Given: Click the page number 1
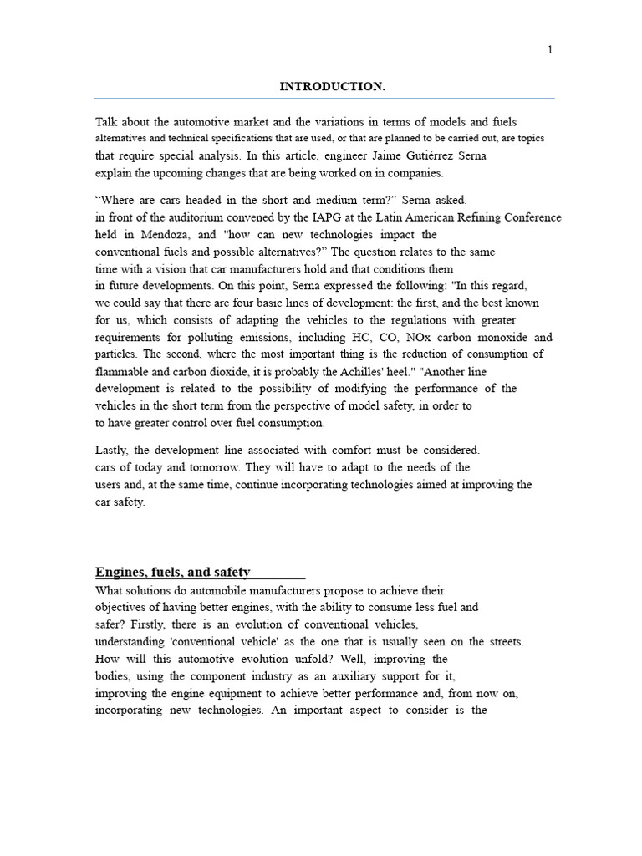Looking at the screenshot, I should [550, 50].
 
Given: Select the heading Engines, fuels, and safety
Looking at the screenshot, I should [172, 573].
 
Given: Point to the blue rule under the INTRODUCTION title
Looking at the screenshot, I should [324, 99].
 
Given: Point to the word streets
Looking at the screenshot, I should [504, 641].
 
